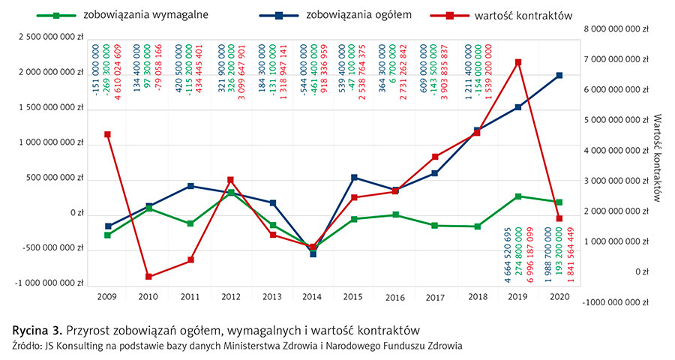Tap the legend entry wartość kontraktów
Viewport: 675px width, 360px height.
point(518,14)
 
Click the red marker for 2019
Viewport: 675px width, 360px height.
point(518,62)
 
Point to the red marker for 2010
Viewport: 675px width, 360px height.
point(148,277)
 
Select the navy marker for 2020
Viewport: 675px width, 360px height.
point(559,75)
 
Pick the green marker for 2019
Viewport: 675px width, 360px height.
point(518,196)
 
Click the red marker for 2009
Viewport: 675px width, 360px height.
point(107,134)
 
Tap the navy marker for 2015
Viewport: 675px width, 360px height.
point(354,177)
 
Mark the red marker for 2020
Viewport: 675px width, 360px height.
point(559,218)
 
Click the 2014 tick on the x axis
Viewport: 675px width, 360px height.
point(313,298)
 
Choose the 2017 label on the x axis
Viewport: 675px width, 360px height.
point(436,298)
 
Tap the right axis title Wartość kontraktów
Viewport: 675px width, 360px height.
point(658,157)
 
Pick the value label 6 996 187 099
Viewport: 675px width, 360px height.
point(530,256)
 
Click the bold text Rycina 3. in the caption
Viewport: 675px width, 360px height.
point(37,330)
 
